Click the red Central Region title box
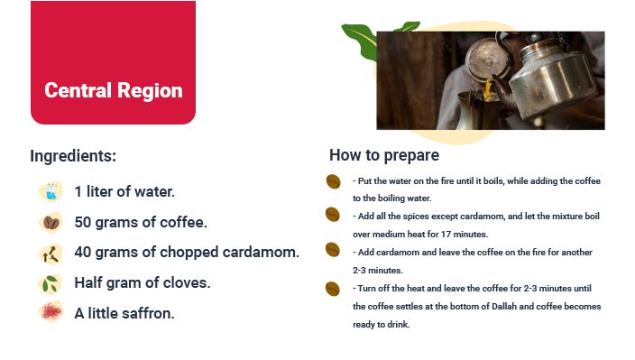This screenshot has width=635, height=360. (x=113, y=63)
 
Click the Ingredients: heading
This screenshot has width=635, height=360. (x=73, y=155)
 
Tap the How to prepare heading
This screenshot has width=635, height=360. (x=384, y=154)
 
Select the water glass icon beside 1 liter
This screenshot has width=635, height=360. (x=50, y=191)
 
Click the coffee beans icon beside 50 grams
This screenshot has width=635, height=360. (x=50, y=222)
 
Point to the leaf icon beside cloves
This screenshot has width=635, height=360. (x=50, y=283)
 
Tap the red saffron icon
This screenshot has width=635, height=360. (x=50, y=312)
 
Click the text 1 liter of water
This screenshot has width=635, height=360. (x=124, y=191)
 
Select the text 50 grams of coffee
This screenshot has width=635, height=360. (x=141, y=222)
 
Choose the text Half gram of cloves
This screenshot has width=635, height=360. (x=142, y=282)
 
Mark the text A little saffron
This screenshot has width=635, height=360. (x=124, y=313)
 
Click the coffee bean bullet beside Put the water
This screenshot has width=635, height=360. (x=333, y=181)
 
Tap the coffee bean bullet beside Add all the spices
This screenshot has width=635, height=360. (x=333, y=215)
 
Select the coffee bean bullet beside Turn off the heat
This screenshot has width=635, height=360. (x=333, y=289)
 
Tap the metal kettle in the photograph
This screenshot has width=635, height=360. (x=550, y=77)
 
